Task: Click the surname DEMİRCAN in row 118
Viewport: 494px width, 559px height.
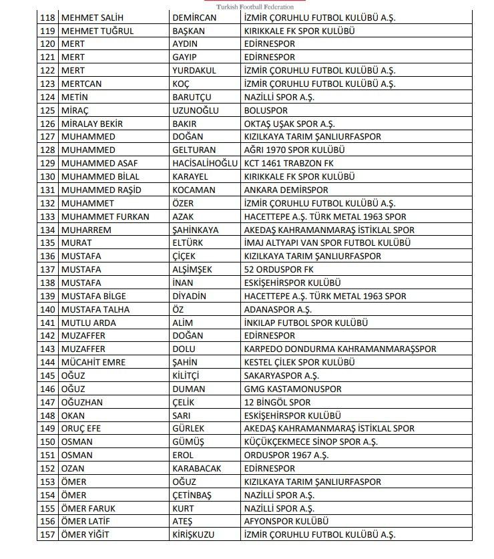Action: point(194,18)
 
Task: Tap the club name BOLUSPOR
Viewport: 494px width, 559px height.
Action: point(266,111)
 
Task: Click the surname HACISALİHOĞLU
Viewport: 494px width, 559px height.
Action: point(204,164)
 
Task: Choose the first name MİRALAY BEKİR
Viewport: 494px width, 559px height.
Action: point(91,124)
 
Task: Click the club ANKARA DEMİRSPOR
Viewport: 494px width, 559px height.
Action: point(286,190)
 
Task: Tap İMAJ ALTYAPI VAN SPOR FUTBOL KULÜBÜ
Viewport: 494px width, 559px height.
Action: point(327,243)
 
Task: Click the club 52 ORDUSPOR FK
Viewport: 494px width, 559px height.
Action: point(279,270)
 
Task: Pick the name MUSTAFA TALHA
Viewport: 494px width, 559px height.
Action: point(95,309)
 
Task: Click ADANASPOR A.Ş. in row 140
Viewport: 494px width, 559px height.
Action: point(278,309)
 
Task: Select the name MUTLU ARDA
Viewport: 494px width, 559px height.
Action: point(88,323)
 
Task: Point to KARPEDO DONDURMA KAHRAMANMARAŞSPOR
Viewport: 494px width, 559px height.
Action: point(340,349)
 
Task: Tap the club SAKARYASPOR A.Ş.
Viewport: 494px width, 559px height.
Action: point(281,376)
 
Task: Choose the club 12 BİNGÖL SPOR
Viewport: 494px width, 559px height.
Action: point(277,402)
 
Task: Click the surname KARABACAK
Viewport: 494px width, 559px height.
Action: point(196,468)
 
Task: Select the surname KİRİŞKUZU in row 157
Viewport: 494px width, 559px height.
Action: point(195,535)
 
